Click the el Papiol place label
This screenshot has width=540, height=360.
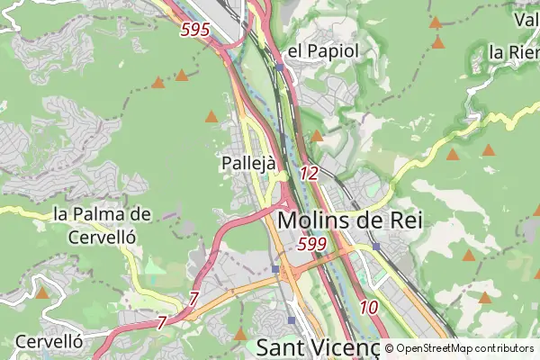coord(323,50)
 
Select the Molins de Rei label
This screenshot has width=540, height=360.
coord(350,219)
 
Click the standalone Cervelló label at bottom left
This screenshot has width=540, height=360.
coord(49,342)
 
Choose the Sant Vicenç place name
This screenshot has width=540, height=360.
coord(319,347)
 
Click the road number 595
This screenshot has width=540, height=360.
coord(194,30)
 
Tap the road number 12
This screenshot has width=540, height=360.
coord(309,174)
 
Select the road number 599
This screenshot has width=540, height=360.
coord(310,244)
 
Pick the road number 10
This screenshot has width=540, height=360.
coord(368,307)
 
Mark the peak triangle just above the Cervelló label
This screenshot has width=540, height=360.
coord(42,292)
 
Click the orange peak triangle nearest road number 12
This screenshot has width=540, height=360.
coord(317,136)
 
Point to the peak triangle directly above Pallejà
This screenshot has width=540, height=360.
coord(211,116)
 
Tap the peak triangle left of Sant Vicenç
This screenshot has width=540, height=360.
coord(240,334)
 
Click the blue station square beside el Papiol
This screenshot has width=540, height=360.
coord(280,67)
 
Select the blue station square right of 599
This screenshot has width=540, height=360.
coord(376,246)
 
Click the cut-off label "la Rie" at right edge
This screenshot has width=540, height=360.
coord(514,52)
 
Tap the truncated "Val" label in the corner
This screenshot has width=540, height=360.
coord(526,18)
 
